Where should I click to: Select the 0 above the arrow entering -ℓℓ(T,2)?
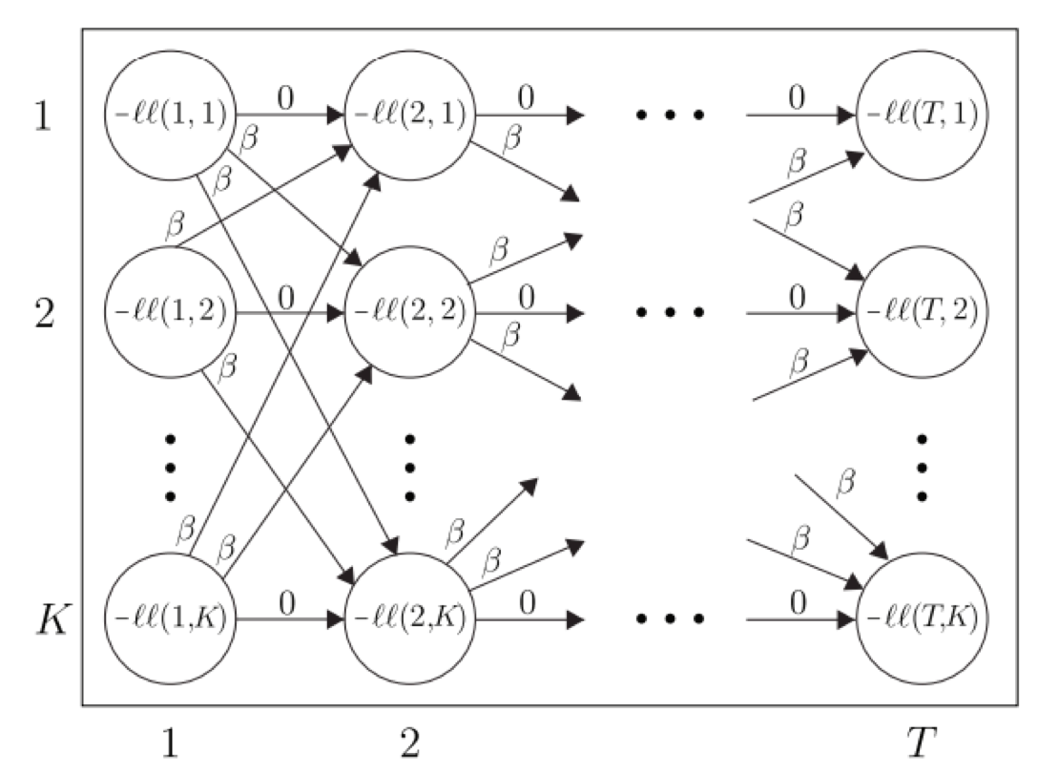[x=798, y=296]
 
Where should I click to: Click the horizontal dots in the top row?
[x=671, y=116]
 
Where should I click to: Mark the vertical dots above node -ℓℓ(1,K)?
[x=170, y=468]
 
